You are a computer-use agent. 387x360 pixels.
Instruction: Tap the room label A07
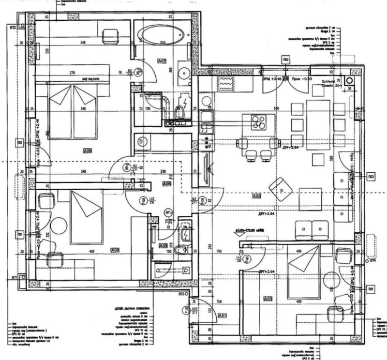(x=162, y=61)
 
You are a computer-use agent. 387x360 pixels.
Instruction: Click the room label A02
(x=256, y=196)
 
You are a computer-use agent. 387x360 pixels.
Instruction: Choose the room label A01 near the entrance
(x=223, y=316)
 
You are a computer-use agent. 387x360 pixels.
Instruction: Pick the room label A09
(x=164, y=245)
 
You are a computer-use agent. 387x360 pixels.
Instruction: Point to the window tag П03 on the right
(x=371, y=176)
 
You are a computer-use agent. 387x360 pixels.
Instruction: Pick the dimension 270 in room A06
(x=72, y=73)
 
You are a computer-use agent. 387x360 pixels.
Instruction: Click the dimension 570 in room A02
(x=277, y=108)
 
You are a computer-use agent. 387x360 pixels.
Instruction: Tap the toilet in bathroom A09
(x=180, y=250)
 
